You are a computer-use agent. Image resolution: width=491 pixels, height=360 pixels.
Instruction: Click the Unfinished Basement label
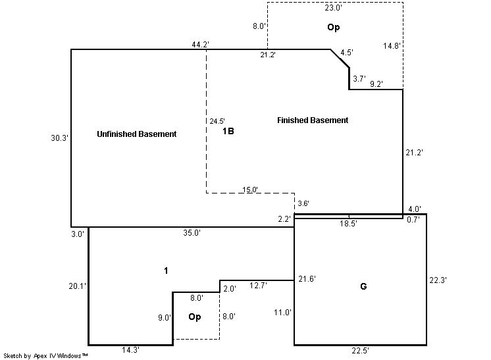(137, 134)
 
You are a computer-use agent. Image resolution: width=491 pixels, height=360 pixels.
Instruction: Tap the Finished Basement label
(313, 120)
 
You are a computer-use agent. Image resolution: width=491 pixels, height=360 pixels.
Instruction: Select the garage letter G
(363, 286)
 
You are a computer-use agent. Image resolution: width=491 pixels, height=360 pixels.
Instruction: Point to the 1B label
(228, 131)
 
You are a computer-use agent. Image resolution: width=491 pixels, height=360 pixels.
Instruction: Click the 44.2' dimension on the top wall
(201, 45)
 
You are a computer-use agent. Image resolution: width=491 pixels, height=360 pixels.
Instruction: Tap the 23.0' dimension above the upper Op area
(334, 9)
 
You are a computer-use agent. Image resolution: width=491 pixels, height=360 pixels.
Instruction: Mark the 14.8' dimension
(392, 45)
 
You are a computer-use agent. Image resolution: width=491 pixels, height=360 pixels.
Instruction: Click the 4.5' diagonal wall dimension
(347, 53)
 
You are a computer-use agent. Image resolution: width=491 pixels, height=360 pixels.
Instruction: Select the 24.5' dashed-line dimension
(217, 121)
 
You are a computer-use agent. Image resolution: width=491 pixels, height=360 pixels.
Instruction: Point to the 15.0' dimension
(251, 190)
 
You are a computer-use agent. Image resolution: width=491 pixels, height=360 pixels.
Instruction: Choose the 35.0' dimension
(192, 232)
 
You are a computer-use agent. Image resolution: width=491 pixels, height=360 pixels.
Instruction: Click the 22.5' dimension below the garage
(361, 351)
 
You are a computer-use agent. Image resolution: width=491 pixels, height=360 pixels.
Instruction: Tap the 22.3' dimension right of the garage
(438, 280)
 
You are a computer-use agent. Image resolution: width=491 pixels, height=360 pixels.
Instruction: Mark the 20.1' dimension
(78, 286)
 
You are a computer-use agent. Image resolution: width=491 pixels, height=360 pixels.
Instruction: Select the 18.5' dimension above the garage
(348, 224)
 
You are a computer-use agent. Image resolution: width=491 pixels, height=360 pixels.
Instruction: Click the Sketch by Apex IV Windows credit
(46, 356)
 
